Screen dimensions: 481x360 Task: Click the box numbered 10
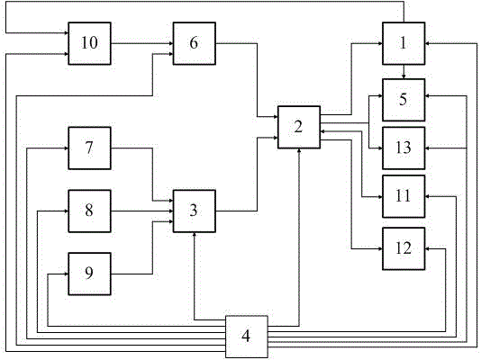coord(89,43)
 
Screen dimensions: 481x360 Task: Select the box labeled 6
coord(195,43)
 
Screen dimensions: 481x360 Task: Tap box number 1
coord(404,43)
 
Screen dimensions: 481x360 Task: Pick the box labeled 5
coord(404,100)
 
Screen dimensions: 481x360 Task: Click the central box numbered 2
coord(299,127)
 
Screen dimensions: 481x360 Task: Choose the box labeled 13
coord(404,148)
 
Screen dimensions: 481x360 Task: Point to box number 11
coord(404,196)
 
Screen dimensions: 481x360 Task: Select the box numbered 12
coord(404,248)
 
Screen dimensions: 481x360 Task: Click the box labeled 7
coord(89,148)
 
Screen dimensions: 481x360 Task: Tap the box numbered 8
coord(89,211)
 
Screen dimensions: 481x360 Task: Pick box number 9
coord(89,274)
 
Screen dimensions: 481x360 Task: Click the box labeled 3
coord(195,211)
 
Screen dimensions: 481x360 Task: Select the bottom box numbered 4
coord(247,337)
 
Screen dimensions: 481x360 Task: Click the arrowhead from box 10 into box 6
coord(171,43)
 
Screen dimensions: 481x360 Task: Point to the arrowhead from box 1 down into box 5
coord(404,76)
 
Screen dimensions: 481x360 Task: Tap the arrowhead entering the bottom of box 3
coord(195,235)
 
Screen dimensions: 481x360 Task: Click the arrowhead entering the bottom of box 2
coord(299,151)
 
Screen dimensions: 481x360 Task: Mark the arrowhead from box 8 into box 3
coord(171,211)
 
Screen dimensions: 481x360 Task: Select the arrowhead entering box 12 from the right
coord(428,248)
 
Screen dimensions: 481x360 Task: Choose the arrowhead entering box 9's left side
coord(66,274)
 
